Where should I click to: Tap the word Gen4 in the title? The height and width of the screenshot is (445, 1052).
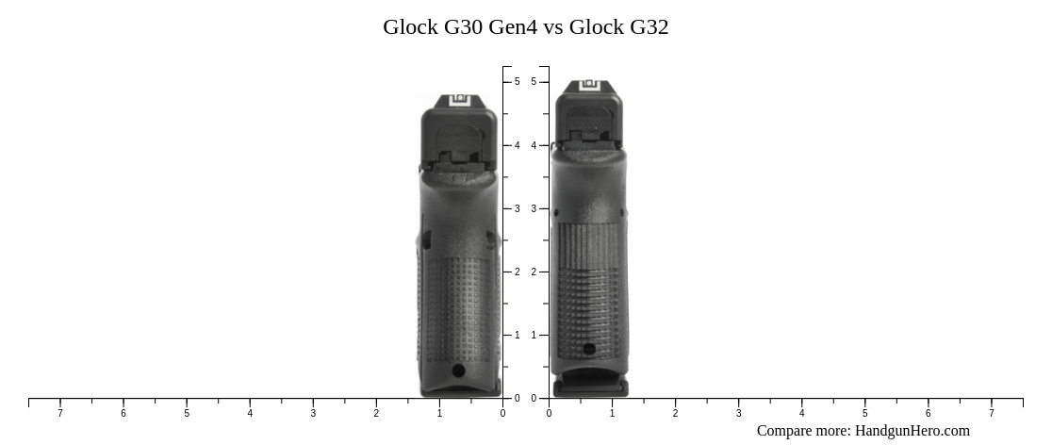point(513,27)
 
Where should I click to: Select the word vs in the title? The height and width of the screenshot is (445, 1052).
point(552,27)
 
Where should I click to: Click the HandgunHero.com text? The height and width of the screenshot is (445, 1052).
point(912,431)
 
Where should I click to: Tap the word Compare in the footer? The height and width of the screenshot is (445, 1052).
point(785,431)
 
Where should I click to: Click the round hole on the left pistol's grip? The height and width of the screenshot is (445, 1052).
point(458,371)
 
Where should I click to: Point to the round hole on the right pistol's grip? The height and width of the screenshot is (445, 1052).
point(589,349)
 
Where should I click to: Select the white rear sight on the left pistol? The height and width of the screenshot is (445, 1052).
point(459,101)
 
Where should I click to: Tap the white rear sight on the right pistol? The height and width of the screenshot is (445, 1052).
point(589,87)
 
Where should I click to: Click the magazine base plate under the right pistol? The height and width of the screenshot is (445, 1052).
point(590,387)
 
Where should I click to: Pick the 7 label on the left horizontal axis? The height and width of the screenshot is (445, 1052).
point(60,413)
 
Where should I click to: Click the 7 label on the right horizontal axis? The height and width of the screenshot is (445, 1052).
point(991,413)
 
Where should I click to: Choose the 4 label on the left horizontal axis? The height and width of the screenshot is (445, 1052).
point(250,413)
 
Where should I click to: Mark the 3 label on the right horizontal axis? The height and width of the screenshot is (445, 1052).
point(738,413)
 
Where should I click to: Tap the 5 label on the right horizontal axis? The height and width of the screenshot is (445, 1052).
point(864,413)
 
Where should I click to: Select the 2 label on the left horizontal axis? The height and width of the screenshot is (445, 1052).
point(376,413)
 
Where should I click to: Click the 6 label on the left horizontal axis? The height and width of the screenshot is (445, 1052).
point(123,413)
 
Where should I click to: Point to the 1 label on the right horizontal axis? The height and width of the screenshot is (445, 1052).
point(612,413)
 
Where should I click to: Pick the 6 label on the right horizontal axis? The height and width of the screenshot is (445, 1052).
point(928,413)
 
